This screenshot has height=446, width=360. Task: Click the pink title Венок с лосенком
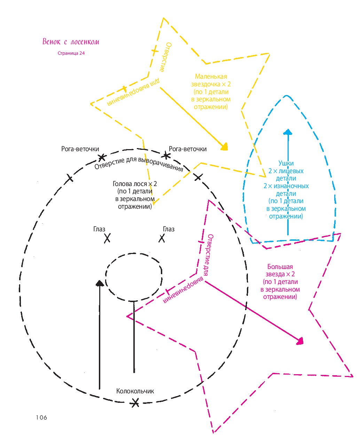(70, 41)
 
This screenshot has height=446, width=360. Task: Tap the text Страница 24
(71, 53)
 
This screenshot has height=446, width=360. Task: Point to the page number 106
(41, 417)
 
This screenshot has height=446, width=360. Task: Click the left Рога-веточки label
(80, 149)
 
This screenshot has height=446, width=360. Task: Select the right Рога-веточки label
(188, 149)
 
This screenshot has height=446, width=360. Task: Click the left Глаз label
(99, 229)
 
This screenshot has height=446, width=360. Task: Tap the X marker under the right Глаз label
(162, 238)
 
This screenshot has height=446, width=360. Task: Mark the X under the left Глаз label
(107, 238)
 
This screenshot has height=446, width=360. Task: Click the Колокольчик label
(135, 391)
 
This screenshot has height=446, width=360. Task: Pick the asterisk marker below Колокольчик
(135, 403)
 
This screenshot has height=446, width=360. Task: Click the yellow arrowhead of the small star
(225, 147)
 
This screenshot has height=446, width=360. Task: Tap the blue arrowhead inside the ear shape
(288, 132)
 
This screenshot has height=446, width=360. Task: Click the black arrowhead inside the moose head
(100, 283)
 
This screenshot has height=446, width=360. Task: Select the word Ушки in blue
(286, 163)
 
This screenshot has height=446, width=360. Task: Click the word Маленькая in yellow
(211, 76)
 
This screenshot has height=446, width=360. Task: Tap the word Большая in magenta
(280, 267)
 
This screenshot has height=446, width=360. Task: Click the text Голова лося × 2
(135, 184)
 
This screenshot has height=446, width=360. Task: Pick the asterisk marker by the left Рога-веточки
(102, 157)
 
